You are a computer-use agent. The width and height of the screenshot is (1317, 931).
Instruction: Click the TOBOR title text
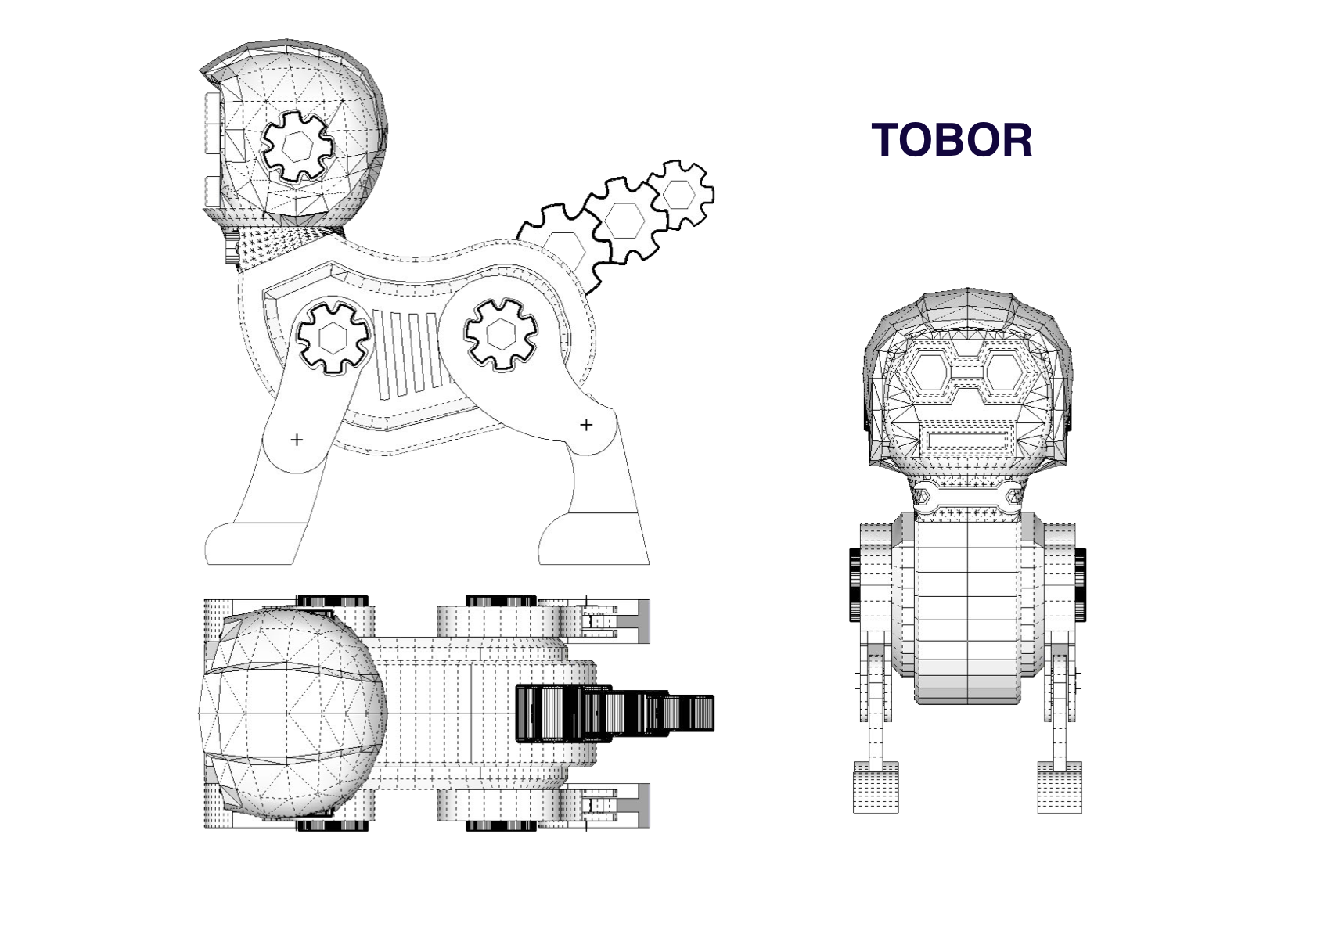tap(951, 140)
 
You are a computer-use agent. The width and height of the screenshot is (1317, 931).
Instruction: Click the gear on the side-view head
tap(297, 146)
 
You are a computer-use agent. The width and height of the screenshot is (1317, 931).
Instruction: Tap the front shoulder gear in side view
tap(334, 337)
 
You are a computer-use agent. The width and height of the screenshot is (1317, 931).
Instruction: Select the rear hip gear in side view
tap(501, 334)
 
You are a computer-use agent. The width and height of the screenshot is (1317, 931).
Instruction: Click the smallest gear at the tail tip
tap(680, 193)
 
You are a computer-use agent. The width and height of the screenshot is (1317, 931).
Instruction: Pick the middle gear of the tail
tap(625, 220)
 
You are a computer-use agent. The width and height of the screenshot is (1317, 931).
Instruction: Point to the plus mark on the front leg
tap(297, 440)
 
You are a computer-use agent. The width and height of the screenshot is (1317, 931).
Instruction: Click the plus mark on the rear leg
tap(586, 425)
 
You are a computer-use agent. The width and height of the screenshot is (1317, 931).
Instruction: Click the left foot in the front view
tap(875, 786)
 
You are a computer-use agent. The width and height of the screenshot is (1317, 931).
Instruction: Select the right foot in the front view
tap(1060, 786)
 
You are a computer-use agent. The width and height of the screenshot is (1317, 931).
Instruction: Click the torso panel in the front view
tap(967, 610)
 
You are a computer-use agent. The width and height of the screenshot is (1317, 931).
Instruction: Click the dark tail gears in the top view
tap(610, 713)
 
